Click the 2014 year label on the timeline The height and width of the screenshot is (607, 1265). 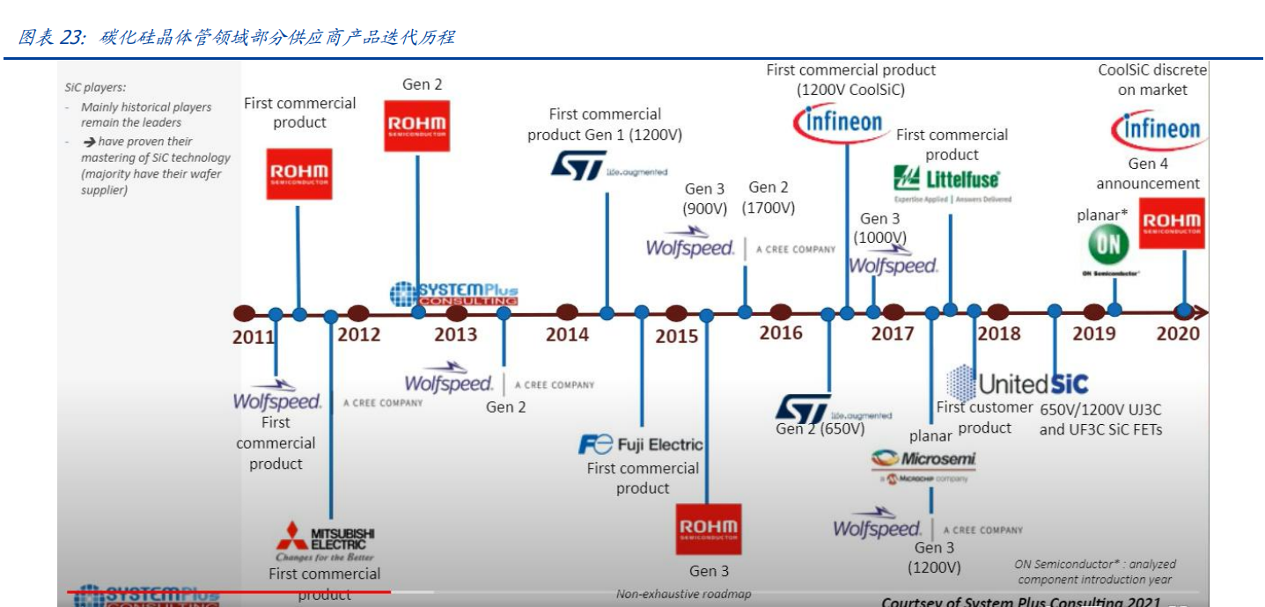coord(567,334)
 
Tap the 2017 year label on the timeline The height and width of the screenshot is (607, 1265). coord(893,333)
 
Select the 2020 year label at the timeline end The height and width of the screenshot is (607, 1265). coord(1178,333)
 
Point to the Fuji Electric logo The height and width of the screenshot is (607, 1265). coord(641,444)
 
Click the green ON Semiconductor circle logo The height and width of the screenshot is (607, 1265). coord(1109,245)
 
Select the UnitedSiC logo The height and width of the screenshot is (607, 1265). coord(1018,384)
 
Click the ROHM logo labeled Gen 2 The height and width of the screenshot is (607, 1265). coord(416,126)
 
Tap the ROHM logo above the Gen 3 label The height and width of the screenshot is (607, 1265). coord(709,529)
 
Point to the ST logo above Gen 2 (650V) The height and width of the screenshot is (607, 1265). coord(803,408)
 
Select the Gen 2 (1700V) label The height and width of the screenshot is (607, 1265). coord(769,198)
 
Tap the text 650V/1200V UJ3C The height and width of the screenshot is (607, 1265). coord(1100,409)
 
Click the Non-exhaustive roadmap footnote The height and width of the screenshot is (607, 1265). coord(683,594)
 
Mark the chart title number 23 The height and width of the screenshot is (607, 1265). coord(70,37)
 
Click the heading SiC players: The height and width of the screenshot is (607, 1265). coord(95,87)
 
